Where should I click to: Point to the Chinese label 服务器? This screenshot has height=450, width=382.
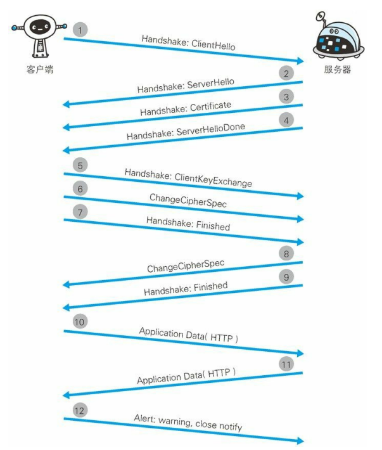[337, 69]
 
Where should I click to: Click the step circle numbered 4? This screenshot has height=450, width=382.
[287, 119]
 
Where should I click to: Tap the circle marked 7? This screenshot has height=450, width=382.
[80, 211]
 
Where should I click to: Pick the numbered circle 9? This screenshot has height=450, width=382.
[287, 276]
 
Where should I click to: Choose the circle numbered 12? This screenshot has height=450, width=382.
[80, 410]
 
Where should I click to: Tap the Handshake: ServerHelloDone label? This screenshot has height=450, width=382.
[185, 132]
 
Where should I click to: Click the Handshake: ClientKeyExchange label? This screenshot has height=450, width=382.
[188, 177]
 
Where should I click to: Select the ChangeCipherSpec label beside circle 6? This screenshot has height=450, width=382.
[188, 201]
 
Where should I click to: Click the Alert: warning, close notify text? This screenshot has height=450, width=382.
[188, 423]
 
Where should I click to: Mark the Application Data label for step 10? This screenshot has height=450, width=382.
[188, 335]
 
